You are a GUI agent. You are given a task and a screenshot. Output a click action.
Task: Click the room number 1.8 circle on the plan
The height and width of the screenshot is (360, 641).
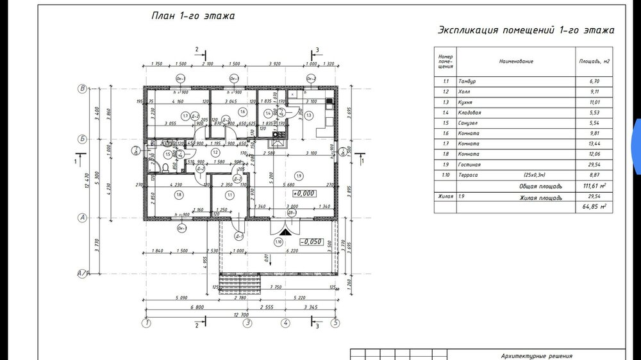(x=178, y=195)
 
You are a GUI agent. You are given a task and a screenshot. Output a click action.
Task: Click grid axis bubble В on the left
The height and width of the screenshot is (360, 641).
(x=82, y=88)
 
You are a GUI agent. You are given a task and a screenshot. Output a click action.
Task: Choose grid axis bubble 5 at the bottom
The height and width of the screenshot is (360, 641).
(x=335, y=323)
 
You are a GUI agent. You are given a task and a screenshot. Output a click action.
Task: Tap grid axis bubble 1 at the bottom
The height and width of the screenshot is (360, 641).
(x=147, y=323)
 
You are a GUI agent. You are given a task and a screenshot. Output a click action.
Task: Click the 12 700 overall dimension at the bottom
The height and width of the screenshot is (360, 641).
(x=241, y=315)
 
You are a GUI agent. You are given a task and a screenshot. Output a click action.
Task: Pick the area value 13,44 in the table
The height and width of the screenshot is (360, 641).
(x=587, y=143)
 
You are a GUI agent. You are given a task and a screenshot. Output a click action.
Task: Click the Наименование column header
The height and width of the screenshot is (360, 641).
(x=516, y=61)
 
